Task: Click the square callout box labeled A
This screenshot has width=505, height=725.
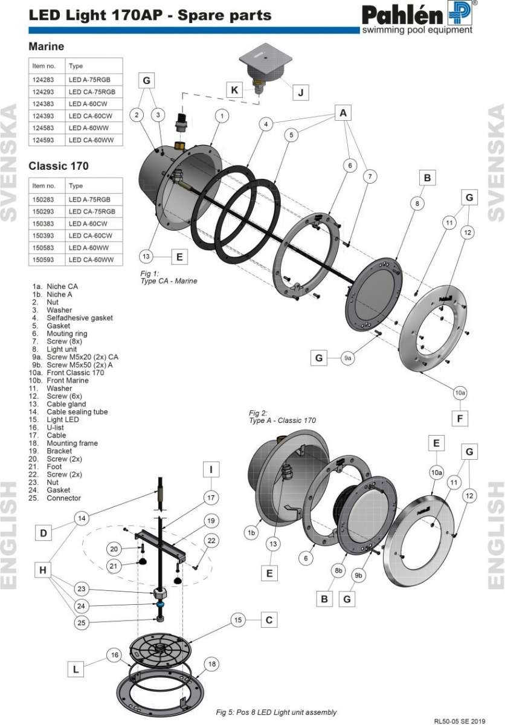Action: coord(343,112)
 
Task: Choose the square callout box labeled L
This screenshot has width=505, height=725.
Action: coord(75,669)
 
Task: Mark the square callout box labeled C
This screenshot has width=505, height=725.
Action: coord(269,620)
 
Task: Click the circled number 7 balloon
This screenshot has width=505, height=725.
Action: coord(370,176)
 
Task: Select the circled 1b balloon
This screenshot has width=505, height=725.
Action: coord(251,532)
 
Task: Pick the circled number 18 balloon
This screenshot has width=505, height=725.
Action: coord(211,663)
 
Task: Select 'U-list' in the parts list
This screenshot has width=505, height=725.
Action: coord(56,427)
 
